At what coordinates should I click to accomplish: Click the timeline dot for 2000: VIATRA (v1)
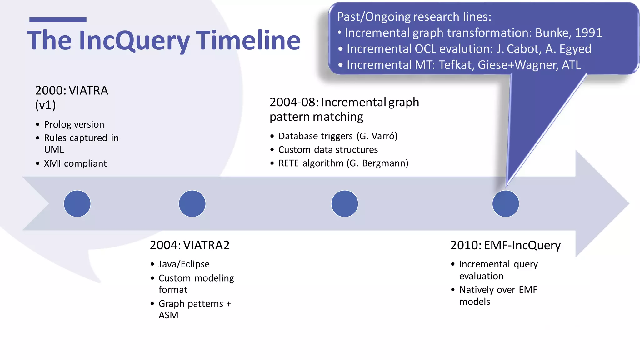pyautogui.click(x=77, y=204)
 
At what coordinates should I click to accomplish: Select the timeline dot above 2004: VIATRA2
pyautogui.click(x=192, y=204)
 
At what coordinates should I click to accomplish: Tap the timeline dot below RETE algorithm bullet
pyautogui.click(x=344, y=204)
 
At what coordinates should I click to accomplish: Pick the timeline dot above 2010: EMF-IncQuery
pyautogui.click(x=505, y=204)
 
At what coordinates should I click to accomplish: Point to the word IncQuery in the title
pyautogui.click(x=134, y=40)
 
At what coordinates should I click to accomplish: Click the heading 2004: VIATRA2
pyautogui.click(x=189, y=245)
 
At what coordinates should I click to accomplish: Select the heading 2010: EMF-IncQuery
pyautogui.click(x=505, y=245)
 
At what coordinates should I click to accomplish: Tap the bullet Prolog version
pyautogui.click(x=74, y=124)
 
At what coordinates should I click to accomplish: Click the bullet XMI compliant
pyautogui.click(x=75, y=163)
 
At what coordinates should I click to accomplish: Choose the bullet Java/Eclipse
pyautogui.click(x=184, y=264)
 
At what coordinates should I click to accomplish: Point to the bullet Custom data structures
pyautogui.click(x=328, y=150)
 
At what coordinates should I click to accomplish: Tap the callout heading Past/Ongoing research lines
pyautogui.click(x=414, y=17)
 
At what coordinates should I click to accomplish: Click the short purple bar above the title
pyautogui.click(x=58, y=20)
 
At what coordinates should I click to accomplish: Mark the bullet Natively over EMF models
pyautogui.click(x=498, y=295)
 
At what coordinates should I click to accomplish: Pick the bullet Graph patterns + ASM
pyautogui.click(x=195, y=309)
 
